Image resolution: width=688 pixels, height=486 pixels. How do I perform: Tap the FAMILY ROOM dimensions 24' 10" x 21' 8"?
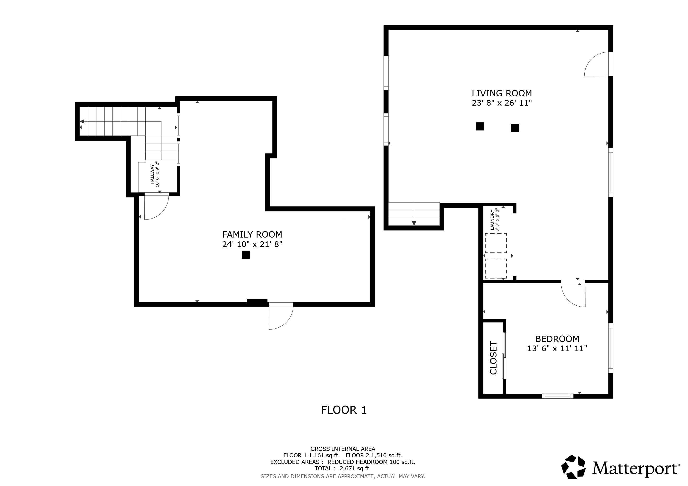(252, 244)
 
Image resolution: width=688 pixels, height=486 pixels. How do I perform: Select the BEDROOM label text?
(557, 339)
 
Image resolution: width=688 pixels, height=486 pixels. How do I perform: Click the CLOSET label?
(493, 358)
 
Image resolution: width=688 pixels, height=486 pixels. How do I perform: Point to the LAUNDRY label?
(492, 220)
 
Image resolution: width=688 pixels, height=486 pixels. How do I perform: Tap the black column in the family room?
(246, 255)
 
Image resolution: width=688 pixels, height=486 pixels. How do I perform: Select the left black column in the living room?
(479, 126)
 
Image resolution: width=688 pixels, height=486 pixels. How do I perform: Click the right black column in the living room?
(515, 128)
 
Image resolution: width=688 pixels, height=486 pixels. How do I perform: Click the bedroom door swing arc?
(569, 298)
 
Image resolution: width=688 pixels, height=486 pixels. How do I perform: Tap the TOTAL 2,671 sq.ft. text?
(343, 468)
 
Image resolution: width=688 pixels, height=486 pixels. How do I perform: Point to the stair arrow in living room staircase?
(414, 223)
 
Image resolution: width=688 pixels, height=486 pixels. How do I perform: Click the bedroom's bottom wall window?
(557, 396)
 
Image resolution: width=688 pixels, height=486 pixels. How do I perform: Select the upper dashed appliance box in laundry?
(496, 243)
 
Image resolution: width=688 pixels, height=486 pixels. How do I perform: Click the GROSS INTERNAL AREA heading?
(343, 449)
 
